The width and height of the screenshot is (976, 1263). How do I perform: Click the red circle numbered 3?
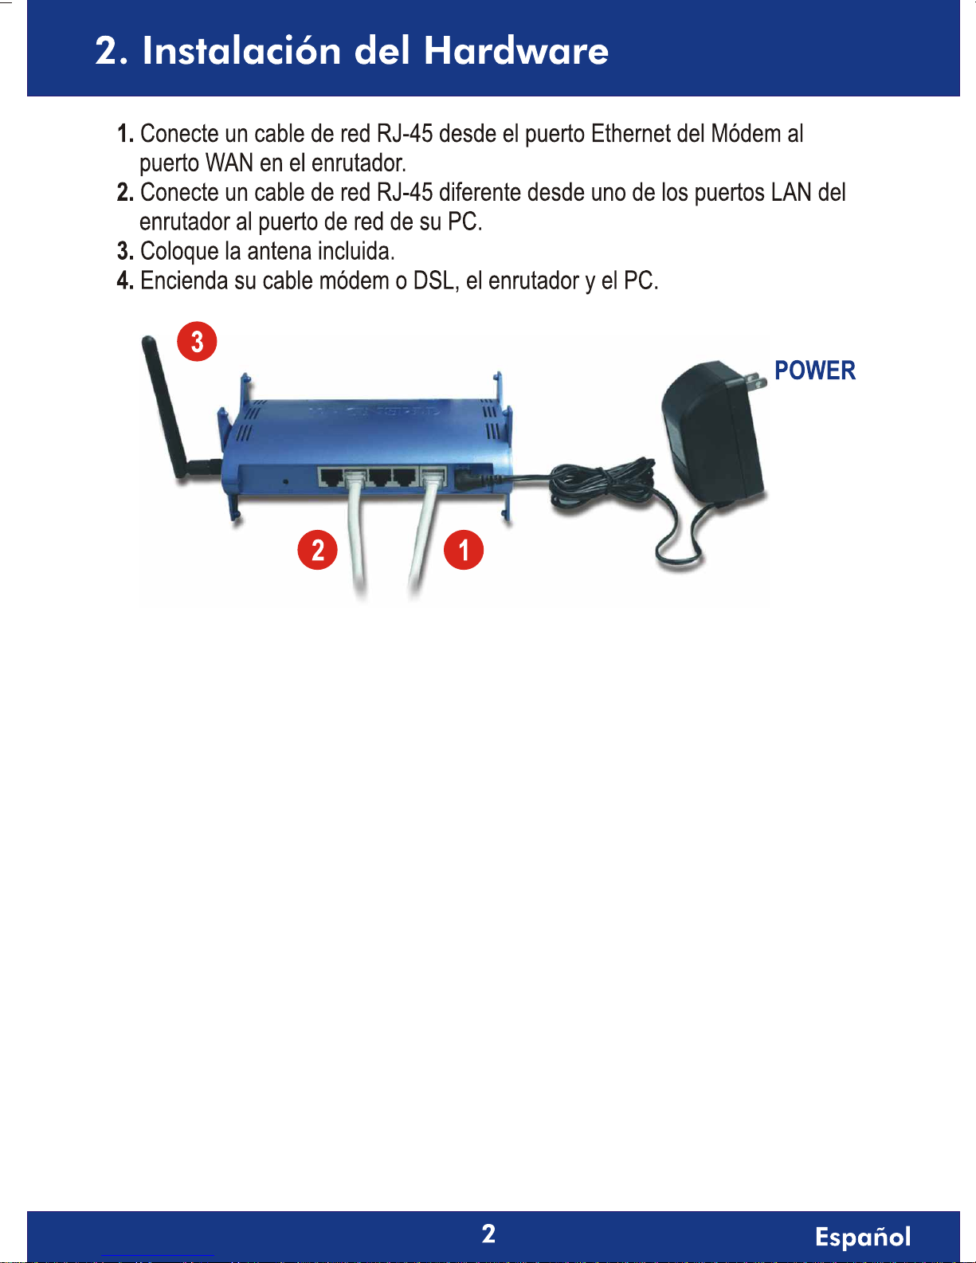tap(197, 341)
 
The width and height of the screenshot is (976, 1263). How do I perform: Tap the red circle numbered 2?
tap(317, 549)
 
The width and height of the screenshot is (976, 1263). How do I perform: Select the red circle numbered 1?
tap(464, 549)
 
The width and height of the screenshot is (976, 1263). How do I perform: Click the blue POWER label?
tap(814, 371)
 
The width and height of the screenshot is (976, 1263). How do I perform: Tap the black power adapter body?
tap(713, 431)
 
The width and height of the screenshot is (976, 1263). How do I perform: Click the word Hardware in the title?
tap(516, 50)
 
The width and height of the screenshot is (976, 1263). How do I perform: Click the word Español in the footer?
tap(863, 1236)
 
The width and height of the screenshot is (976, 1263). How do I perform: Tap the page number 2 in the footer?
tap(488, 1234)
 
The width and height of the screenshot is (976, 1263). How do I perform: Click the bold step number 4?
tap(125, 280)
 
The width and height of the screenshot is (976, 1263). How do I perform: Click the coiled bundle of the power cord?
tap(602, 482)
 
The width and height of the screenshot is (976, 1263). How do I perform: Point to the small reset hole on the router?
tap(285, 482)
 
